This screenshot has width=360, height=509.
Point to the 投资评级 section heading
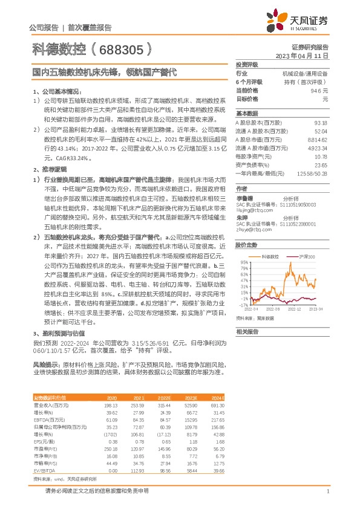pyautogui.click(x=247, y=65)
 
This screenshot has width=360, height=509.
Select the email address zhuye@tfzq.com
pyautogui.click(x=252, y=230)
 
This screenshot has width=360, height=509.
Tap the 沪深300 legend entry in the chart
pyautogui.click(x=307, y=257)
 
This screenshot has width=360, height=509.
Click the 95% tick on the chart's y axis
pyautogui.click(x=243, y=262)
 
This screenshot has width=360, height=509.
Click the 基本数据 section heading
pyautogui.click(x=247, y=114)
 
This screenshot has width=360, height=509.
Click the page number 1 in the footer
pyautogui.click(x=327, y=493)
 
